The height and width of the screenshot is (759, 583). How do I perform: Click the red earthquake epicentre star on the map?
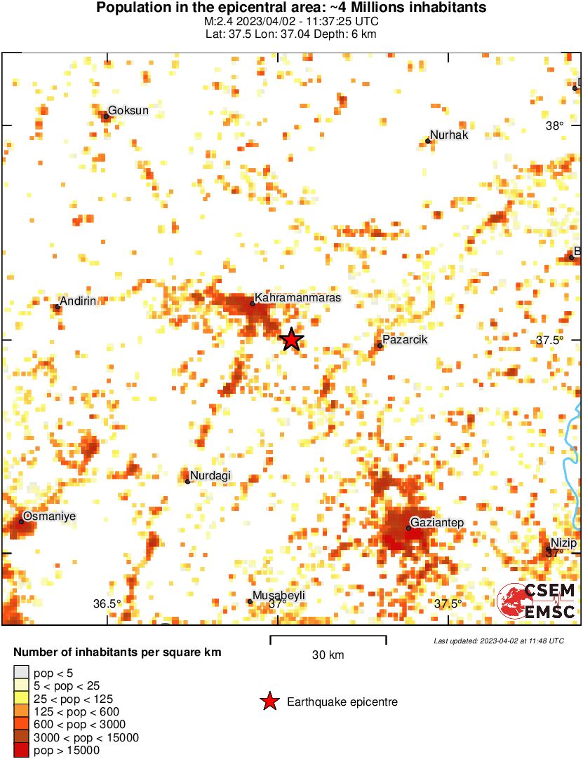point(292,339)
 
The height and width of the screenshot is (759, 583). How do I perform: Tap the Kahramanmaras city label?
point(297,298)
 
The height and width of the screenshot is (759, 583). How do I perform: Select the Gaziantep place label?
point(437,522)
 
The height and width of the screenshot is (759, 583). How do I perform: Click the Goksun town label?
point(128,111)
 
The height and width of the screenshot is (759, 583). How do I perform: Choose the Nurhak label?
point(448,135)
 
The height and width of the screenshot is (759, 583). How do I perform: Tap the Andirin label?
point(83,301)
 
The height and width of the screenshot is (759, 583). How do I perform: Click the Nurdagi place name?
point(210,476)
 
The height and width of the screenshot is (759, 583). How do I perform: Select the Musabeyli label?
point(279,596)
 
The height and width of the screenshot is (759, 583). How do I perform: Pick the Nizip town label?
point(563,544)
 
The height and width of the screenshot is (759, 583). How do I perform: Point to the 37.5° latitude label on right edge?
point(549,341)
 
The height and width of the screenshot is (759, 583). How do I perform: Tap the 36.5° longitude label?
point(107,604)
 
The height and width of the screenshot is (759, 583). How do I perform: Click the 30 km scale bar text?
point(328,655)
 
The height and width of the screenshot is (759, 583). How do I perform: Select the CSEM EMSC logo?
point(537,601)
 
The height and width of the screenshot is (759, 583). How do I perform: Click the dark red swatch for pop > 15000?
point(22,750)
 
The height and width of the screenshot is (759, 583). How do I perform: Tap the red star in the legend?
point(269,702)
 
